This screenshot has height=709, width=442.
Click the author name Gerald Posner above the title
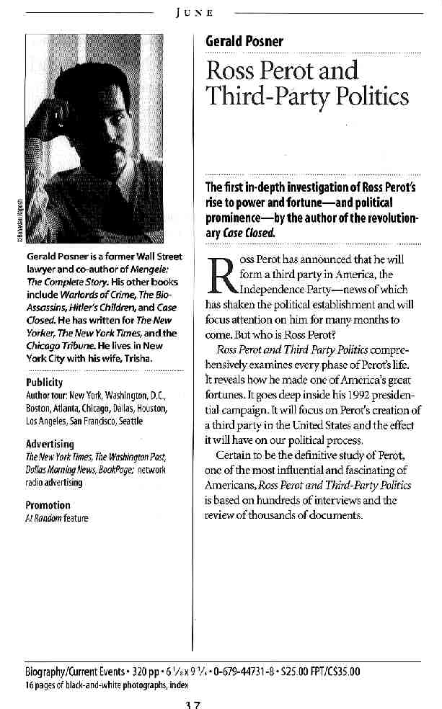tap(244, 41)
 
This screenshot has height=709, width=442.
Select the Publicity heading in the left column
tap(44, 382)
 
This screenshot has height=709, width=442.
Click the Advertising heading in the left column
tap(49, 444)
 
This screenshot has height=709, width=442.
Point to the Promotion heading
tap(48, 505)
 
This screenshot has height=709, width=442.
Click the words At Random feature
tap(56, 517)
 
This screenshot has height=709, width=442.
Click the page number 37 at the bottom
tap(192, 703)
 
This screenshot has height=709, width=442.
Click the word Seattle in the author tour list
tap(131, 421)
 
